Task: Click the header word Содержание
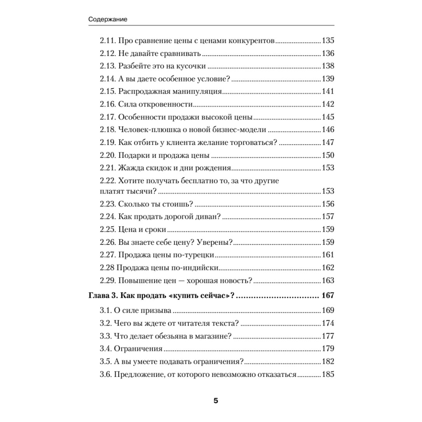tap(108, 19)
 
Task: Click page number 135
tap(328, 40)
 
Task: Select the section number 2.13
tap(107, 66)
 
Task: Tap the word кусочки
tap(192, 66)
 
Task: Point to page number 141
tap(328, 92)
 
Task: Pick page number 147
tap(328, 143)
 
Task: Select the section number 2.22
tap(107, 181)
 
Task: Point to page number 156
tap(328, 204)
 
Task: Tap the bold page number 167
tap(328, 296)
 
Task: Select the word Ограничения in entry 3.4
tap(138, 349)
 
